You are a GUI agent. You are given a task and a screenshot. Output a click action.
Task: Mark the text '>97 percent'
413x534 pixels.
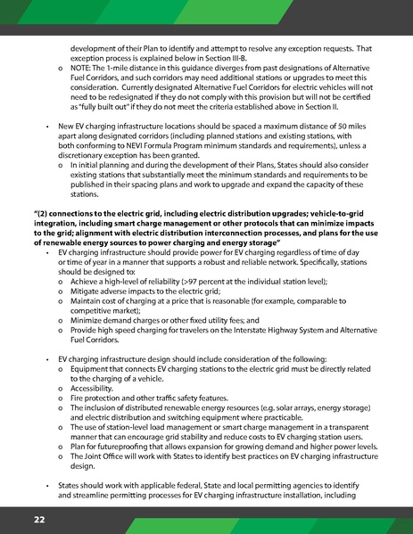(x=203, y=281)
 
